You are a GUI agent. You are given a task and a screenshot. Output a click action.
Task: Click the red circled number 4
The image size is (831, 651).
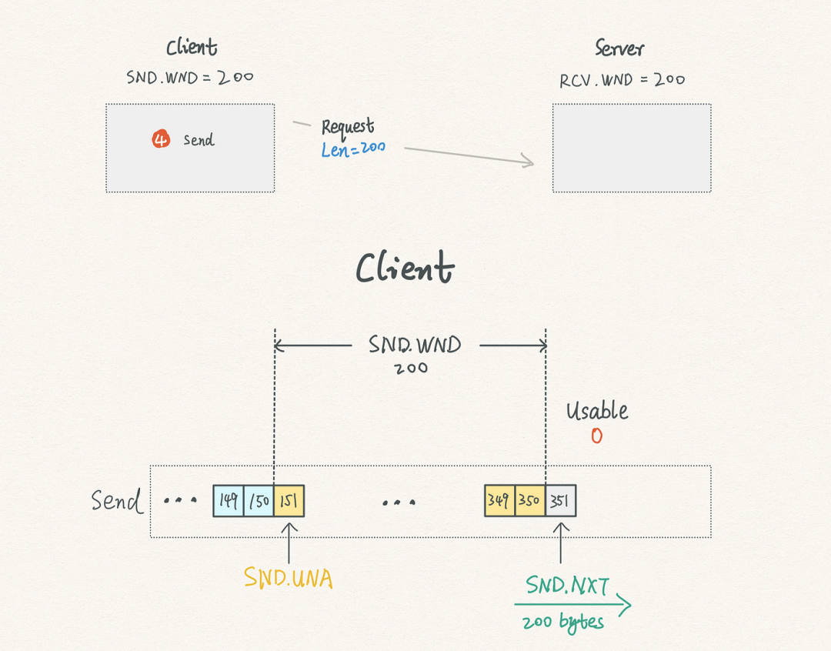tap(161, 139)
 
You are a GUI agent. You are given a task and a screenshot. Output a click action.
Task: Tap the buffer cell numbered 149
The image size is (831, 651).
tap(229, 500)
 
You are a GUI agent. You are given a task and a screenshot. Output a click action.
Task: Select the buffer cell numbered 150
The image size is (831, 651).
tap(259, 500)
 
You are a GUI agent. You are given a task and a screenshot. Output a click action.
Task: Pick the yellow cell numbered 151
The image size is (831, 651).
tap(289, 500)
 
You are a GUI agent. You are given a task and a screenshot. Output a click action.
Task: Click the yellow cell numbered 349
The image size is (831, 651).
tap(500, 500)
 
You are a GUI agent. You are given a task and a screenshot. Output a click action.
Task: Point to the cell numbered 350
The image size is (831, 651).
tap(530, 500)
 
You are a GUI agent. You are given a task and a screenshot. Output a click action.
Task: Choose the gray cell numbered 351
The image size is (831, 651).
tap(561, 500)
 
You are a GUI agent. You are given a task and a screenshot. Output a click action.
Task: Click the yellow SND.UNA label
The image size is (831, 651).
tap(289, 578)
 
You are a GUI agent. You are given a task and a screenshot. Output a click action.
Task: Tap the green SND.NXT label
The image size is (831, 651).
tap(568, 586)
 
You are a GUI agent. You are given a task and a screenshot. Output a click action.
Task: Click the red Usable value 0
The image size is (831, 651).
tap(597, 436)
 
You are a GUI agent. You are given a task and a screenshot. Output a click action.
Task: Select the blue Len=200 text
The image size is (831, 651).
tap(353, 149)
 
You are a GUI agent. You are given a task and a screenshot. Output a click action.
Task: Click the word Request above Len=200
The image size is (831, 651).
tap(348, 127)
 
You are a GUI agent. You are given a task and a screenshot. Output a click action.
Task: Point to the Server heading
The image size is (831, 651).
tap(619, 48)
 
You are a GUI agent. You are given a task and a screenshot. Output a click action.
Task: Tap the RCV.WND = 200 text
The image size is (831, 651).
tap(622, 80)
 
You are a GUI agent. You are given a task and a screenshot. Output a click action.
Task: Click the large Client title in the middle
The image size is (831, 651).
tap(405, 267)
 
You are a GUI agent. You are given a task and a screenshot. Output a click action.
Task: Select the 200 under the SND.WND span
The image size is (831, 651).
tap(411, 368)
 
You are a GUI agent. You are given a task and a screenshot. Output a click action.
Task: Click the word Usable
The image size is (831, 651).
tap(597, 411)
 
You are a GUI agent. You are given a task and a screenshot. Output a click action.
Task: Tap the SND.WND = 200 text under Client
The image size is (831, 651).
tap(190, 78)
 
